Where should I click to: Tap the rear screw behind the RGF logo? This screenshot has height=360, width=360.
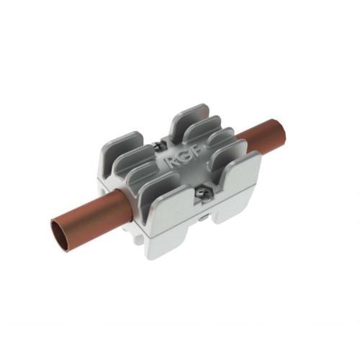[158, 145]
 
